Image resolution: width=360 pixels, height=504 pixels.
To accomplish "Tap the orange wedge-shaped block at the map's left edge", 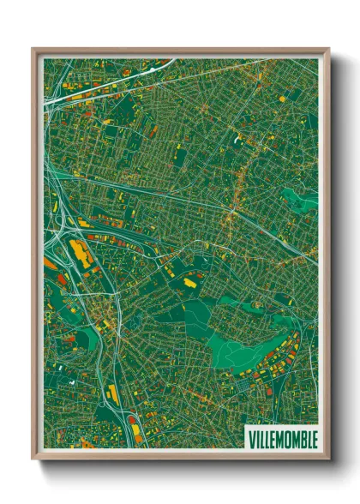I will (x=50, y=264).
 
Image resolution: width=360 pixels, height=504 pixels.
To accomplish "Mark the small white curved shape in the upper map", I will (x=236, y=137).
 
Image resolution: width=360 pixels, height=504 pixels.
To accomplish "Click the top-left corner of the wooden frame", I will (x=33, y=50).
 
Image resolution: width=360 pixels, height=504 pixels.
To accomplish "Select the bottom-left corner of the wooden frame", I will (x=33, y=458).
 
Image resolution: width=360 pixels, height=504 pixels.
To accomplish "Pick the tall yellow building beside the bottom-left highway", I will (x=112, y=394).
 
